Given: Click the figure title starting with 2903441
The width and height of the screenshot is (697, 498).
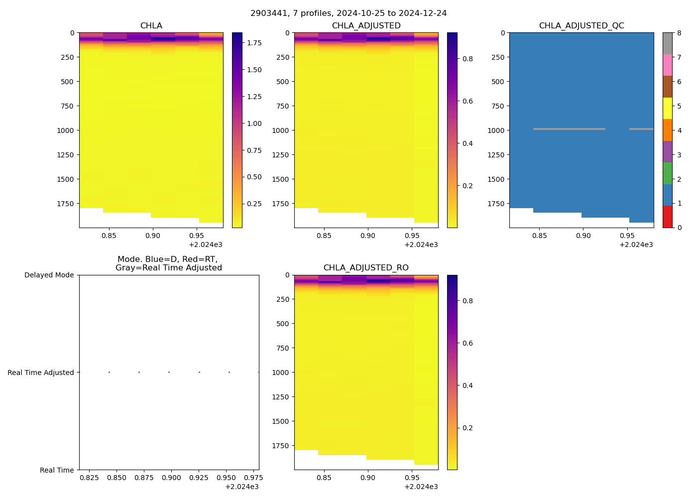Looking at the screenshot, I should (x=348, y=13).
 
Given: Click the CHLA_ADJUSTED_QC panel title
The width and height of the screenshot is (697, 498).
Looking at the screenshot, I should (x=581, y=26).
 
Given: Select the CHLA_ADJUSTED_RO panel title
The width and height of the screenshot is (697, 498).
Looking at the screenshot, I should (x=366, y=268).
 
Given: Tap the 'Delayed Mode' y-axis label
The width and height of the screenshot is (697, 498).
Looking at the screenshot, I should (x=49, y=275).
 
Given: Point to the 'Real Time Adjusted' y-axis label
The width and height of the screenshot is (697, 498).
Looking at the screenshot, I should (x=40, y=373).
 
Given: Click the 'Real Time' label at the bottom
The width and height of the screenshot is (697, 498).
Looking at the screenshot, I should (x=57, y=470).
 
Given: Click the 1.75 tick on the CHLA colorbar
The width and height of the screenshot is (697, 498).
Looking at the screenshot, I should (x=254, y=43).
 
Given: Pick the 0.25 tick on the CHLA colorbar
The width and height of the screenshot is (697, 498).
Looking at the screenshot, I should (x=254, y=204).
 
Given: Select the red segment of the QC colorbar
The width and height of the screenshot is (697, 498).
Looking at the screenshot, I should (x=667, y=217).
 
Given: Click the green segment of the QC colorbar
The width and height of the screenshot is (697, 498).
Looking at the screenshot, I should (x=667, y=173).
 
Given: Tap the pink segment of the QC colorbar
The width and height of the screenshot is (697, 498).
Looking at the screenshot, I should (x=667, y=65).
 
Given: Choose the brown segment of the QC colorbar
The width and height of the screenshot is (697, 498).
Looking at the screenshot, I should (x=667, y=87).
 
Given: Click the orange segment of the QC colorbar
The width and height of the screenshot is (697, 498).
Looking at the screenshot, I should (x=667, y=130).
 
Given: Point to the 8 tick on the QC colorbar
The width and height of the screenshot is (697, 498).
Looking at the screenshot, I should (x=679, y=33).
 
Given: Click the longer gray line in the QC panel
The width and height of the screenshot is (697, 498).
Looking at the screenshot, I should (x=569, y=129).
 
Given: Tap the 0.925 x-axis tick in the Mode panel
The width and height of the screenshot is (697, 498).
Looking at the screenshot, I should (x=199, y=478).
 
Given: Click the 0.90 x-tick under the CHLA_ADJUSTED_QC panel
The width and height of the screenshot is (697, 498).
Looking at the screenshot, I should (x=583, y=236).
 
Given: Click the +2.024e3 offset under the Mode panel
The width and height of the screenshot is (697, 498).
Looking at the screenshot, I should (x=241, y=487).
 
